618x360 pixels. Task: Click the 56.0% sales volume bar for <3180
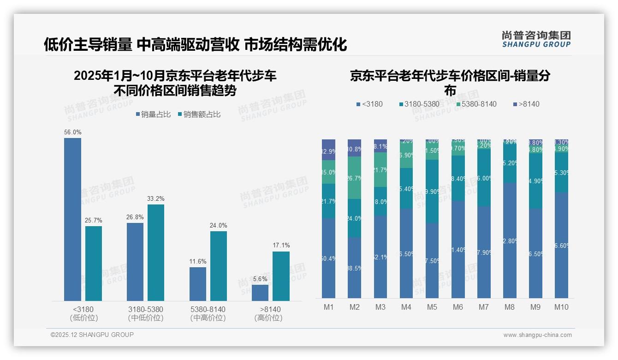[x=72, y=219]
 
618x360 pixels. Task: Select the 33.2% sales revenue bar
[x=156, y=252]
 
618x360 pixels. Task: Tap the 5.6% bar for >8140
[x=260, y=293]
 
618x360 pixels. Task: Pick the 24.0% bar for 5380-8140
[x=219, y=266]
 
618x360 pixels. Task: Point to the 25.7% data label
[x=93, y=220]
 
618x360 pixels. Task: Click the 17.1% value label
[x=281, y=246]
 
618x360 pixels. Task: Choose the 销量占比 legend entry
[x=153, y=114]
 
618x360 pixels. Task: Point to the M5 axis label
[x=432, y=307]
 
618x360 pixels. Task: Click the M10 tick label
[x=561, y=307]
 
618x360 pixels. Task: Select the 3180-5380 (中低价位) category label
[x=145, y=313]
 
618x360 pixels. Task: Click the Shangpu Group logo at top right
[x=536, y=39]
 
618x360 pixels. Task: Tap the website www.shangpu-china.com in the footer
[x=537, y=335]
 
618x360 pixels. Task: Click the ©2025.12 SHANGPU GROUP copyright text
[x=92, y=335]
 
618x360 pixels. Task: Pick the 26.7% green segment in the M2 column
[x=355, y=178]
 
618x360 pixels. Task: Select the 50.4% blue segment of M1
[x=329, y=258]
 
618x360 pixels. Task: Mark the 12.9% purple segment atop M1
[x=329, y=150]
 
